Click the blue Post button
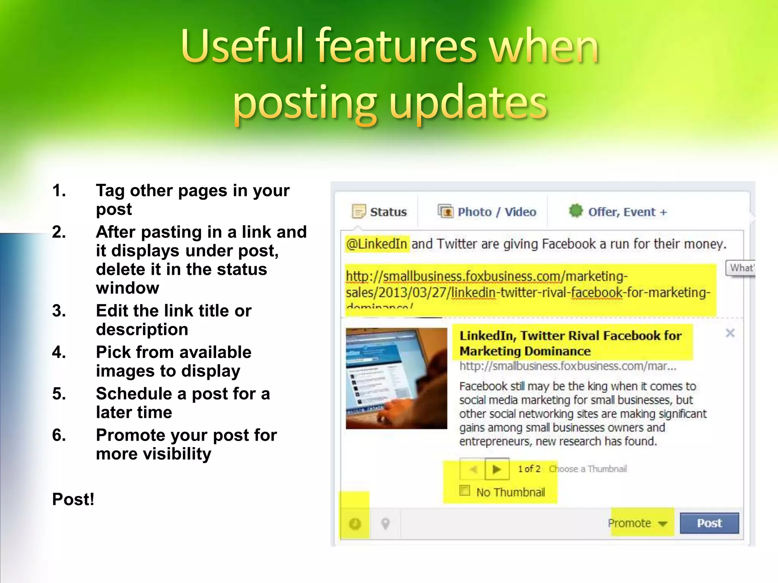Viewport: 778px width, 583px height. tap(709, 523)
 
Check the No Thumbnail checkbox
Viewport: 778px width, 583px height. tap(465, 490)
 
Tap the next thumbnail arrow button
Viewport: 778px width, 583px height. tap(497, 469)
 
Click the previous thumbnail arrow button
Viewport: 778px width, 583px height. tap(473, 469)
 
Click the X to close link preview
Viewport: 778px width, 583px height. tap(730, 333)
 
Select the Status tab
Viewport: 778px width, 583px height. tap(380, 212)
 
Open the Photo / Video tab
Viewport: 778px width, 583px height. tap(487, 212)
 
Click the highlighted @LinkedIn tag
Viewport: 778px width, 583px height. tap(376, 244)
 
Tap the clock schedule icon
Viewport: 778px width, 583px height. tap(355, 524)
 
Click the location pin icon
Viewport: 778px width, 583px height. tap(385, 524)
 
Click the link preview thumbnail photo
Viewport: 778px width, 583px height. tap(396, 378)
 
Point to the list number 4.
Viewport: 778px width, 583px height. tap(59, 352)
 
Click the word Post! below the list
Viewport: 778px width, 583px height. tap(73, 499)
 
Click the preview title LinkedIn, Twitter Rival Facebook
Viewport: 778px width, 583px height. tap(570, 343)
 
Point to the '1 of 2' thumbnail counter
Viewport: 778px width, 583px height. tap(529, 469)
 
